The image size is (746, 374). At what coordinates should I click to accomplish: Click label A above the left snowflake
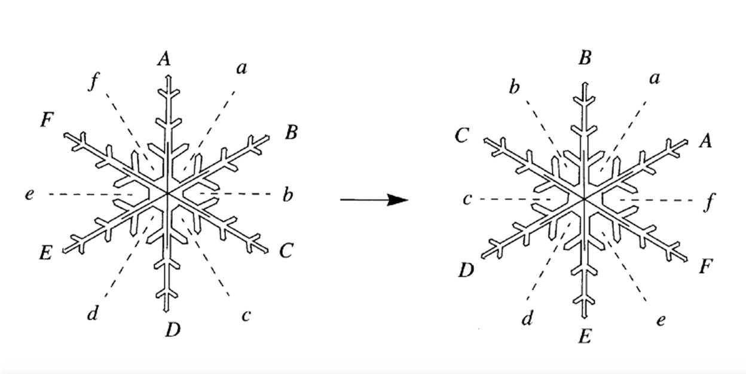[164, 59]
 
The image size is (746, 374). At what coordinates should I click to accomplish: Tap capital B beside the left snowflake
[291, 132]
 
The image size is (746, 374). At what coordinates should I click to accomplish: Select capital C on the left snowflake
[286, 251]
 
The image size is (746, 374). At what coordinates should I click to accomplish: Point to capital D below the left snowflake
[173, 329]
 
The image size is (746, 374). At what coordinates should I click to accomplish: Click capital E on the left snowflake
[45, 253]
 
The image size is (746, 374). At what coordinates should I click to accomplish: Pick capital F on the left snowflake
[47, 120]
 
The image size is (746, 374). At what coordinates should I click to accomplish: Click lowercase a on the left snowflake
[241, 68]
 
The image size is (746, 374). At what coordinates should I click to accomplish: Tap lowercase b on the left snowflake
[288, 195]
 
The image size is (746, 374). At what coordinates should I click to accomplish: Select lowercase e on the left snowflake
[29, 194]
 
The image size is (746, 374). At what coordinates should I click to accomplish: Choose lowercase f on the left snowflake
[93, 81]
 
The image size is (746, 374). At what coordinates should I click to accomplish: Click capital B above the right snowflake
[585, 58]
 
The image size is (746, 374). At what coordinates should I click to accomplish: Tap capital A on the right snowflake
[706, 141]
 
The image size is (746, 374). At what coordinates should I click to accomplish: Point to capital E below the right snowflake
[585, 337]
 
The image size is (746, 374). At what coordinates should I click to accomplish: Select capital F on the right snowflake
[705, 266]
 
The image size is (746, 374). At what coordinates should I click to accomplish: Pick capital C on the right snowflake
[461, 136]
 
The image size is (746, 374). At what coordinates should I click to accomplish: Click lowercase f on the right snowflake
[708, 202]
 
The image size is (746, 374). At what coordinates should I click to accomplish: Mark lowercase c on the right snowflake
[467, 199]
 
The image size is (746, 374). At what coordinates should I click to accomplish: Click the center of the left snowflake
[168, 194]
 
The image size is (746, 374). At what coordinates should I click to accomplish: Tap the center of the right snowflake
[584, 199]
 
